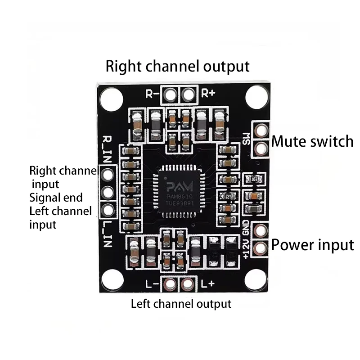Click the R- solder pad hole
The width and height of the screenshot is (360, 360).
(x=170, y=94)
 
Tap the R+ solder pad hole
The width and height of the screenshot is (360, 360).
(x=189, y=94)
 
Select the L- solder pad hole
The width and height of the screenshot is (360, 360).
(x=170, y=284)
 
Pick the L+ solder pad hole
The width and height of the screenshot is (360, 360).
(x=188, y=284)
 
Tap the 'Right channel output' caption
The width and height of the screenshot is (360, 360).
(x=177, y=66)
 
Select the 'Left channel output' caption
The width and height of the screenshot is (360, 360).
(x=181, y=304)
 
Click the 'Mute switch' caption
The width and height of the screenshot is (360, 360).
(x=312, y=141)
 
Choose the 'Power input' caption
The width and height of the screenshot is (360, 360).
(x=312, y=245)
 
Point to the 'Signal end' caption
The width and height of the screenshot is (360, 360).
(x=56, y=197)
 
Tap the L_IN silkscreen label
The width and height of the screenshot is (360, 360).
(x=108, y=234)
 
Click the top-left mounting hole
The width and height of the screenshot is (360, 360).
(x=111, y=99)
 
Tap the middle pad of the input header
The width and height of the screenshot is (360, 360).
(x=108, y=193)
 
